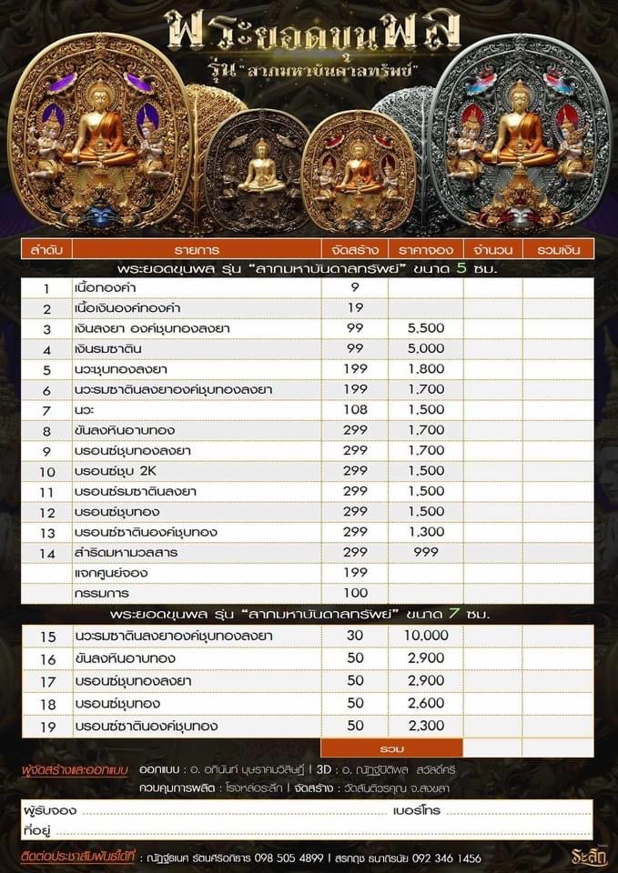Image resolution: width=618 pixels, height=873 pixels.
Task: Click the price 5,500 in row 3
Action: point(425,328)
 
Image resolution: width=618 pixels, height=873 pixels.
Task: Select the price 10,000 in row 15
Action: point(425,636)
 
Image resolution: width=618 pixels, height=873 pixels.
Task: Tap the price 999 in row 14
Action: point(425,551)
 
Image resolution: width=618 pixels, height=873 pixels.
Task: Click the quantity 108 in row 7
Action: point(355,411)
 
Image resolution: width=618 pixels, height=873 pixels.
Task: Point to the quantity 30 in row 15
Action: point(355,636)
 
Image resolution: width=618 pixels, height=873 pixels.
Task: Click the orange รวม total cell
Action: point(392,748)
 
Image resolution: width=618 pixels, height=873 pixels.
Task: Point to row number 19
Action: point(47,727)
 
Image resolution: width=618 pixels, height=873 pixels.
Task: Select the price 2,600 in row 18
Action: point(425,704)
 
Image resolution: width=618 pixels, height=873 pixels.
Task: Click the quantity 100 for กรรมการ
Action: point(355,594)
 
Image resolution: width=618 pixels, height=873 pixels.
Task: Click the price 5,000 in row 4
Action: point(425,349)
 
